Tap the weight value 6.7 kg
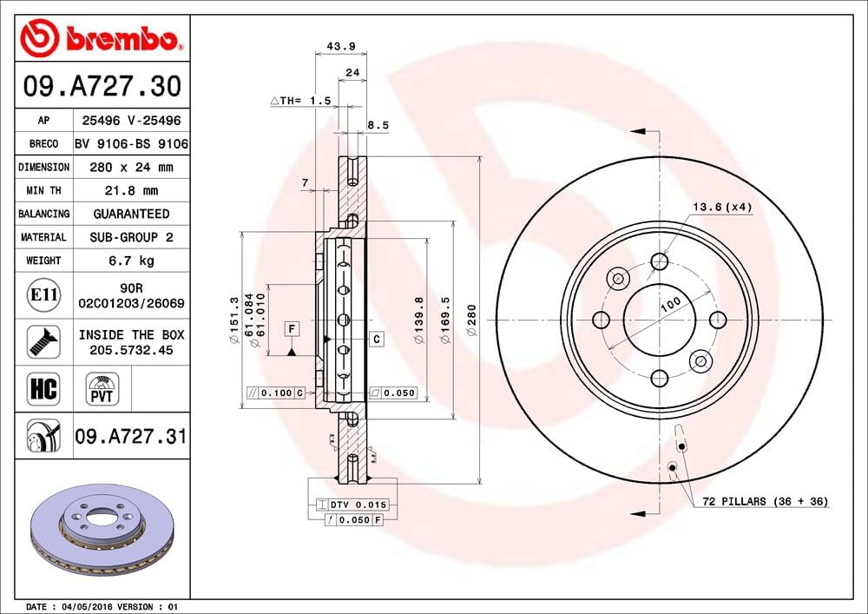click(131, 261)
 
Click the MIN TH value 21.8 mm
click(131, 190)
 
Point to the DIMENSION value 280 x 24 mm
click(131, 167)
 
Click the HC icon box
click(43, 388)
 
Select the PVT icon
click(102, 388)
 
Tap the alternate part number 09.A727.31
click(131, 436)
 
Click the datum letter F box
click(293, 328)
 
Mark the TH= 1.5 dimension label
click(301, 101)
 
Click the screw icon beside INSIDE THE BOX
click(43, 341)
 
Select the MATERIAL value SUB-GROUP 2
click(131, 237)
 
